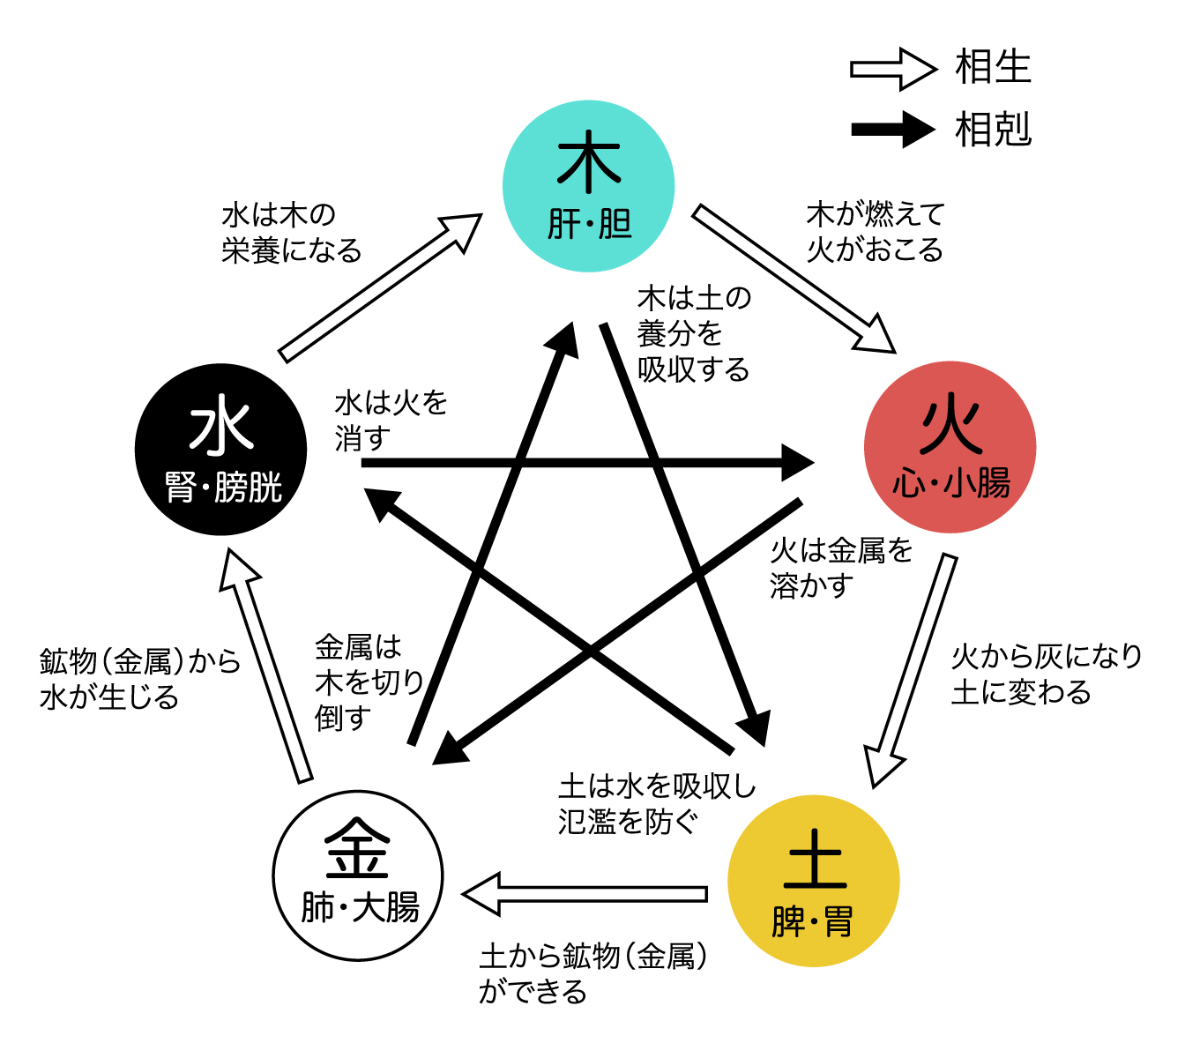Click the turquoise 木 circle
[588, 186]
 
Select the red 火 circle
[950, 447]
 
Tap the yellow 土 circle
[814, 881]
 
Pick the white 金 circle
[358, 875]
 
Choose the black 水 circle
[220, 449]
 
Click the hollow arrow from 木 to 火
[794, 279]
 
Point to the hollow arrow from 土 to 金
[585, 894]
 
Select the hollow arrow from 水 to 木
[380, 288]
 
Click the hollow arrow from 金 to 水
[266, 666]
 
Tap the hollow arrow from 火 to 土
[911, 671]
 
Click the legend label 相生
[993, 67]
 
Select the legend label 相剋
[993, 129]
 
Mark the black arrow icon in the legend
[893, 130]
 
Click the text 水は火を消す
[391, 421]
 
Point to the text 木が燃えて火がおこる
[876, 232]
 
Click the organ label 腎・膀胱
[223, 487]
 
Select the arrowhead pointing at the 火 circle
[798, 463]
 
